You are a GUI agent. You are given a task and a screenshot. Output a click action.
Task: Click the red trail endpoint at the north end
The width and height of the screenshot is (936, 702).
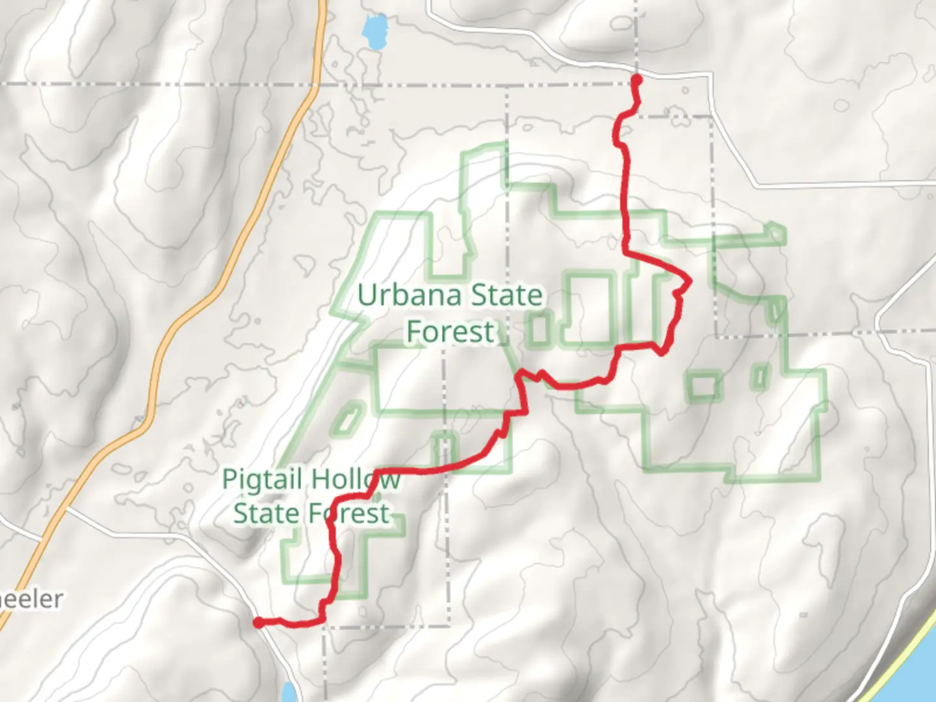point(637,80)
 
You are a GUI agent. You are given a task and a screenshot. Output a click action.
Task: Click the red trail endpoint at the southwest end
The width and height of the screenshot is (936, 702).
point(258,623)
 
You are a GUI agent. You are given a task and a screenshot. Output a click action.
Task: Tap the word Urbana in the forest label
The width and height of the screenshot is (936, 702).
point(409,296)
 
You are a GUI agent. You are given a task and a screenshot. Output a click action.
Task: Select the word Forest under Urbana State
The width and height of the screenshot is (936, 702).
point(450,331)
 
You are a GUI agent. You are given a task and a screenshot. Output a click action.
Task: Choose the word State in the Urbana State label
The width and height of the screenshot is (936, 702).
point(506,296)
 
